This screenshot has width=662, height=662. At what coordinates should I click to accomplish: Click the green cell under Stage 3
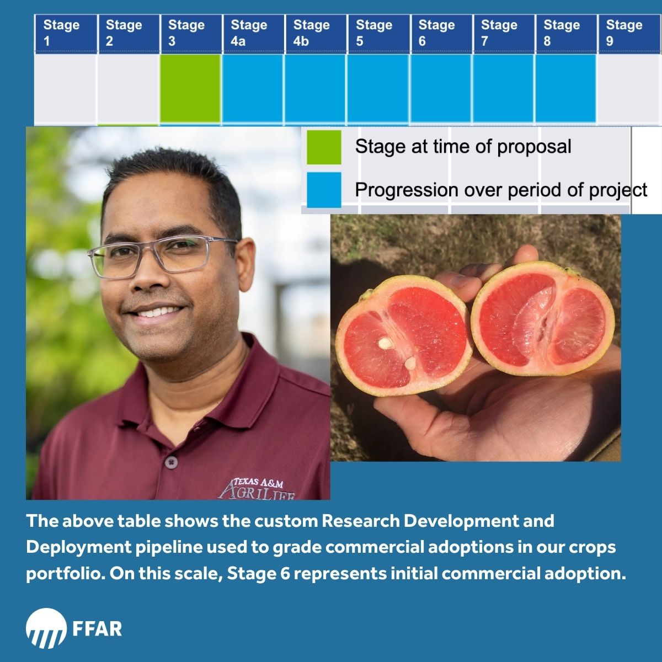pyautogui.click(x=190, y=88)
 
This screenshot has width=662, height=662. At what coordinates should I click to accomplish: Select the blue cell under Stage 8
pyautogui.click(x=565, y=88)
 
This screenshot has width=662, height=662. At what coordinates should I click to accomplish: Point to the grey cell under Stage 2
pyautogui.click(x=128, y=88)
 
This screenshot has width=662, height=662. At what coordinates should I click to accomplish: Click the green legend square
pyautogui.click(x=324, y=147)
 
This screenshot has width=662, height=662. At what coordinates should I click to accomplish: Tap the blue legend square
pyautogui.click(x=324, y=190)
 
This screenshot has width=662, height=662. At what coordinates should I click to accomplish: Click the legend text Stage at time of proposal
pyautogui.click(x=463, y=147)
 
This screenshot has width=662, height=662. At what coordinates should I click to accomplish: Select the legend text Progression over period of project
pyautogui.click(x=500, y=190)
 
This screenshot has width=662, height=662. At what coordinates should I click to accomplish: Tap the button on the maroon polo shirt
pyautogui.click(x=173, y=461)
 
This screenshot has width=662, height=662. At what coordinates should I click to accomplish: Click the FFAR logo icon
pyautogui.click(x=46, y=628)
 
